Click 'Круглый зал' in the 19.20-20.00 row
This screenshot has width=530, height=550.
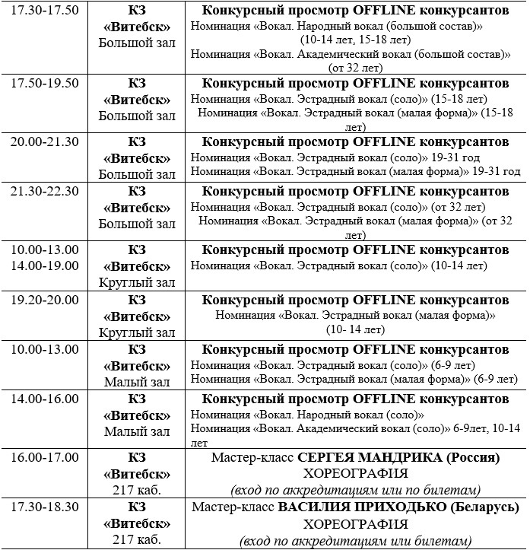click(x=137, y=332)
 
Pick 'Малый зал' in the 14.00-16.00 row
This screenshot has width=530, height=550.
click(x=137, y=432)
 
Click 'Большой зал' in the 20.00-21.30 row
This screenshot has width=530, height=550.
click(x=137, y=174)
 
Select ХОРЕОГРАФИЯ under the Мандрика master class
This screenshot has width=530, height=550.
click(x=356, y=474)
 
